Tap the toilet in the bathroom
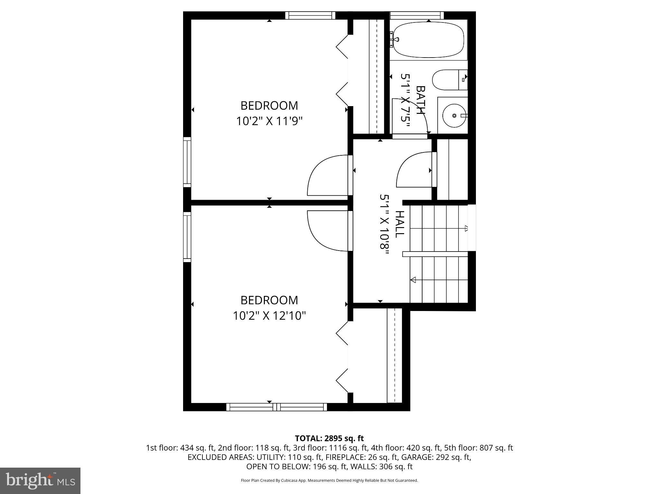click(449, 80)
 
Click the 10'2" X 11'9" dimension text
click(269, 122)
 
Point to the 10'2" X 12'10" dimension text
click(269, 316)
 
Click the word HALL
click(399, 224)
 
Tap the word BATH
click(420, 100)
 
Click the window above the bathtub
click(417, 15)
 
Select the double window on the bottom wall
click(276, 407)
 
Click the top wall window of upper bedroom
click(310, 15)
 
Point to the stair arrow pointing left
click(413, 279)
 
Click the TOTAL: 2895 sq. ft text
click(329, 438)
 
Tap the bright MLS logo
click(40, 480)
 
